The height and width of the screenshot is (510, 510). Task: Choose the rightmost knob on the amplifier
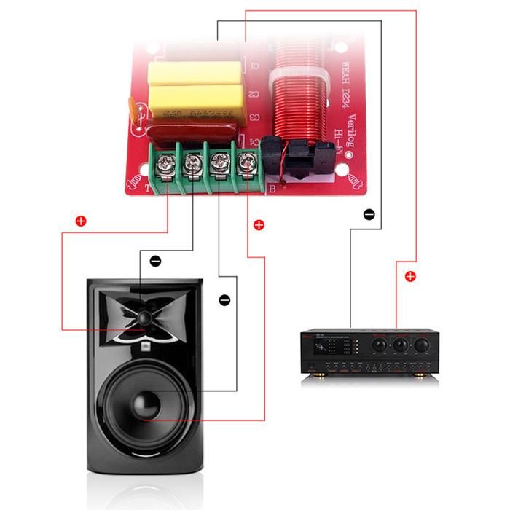pos(421,342)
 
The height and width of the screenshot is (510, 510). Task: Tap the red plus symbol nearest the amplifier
pos(410,276)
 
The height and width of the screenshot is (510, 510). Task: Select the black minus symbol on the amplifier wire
pos(369,214)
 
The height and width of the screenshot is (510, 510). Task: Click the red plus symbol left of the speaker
pos(80,219)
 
